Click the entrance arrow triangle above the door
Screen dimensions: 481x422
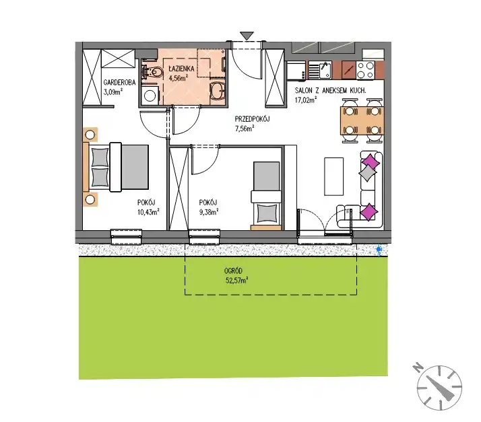pos(247,36)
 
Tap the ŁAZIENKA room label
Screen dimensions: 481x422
pos(182,69)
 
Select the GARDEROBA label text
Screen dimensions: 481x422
pos(119,82)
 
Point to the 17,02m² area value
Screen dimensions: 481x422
pos(306,100)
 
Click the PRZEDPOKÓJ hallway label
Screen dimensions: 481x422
pos(252,119)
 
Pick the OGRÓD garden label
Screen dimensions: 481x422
pos(234,271)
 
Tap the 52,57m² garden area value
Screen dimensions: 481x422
pos(237,280)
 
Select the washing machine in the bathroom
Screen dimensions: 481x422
pos(150,95)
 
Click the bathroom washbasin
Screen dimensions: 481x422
pos(218,90)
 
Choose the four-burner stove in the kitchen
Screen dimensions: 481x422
pos(365,70)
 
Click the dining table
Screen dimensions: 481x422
pos(362,120)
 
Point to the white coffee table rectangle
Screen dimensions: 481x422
pos(333,176)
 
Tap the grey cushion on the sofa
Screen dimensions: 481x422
pos(368,173)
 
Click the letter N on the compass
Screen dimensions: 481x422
pos(417,367)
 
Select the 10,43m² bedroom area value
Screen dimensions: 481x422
pos(148,212)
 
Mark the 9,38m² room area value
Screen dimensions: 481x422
pos(209,212)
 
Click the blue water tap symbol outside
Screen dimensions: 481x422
pos(379,250)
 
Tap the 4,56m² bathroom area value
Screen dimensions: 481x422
pos(179,78)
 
